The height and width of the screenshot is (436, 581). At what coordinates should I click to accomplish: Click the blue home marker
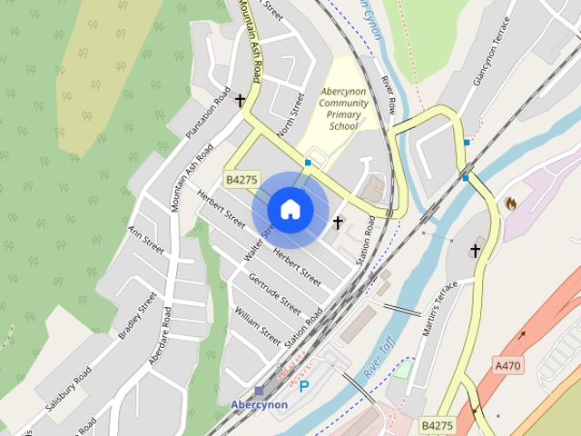(290, 209)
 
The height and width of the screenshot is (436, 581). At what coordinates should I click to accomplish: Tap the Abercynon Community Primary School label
(344, 109)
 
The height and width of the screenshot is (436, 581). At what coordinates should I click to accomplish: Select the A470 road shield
(508, 365)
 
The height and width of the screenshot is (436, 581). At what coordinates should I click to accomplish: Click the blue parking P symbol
(304, 387)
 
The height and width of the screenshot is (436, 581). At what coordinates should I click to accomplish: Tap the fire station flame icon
(510, 203)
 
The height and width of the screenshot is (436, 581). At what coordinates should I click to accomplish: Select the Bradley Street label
(136, 315)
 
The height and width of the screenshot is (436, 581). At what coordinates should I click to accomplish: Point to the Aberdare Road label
(161, 336)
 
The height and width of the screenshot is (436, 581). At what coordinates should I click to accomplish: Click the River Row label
(388, 94)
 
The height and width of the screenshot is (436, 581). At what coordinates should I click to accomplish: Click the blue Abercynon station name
(259, 405)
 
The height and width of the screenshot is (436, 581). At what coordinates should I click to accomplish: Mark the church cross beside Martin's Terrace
(474, 251)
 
